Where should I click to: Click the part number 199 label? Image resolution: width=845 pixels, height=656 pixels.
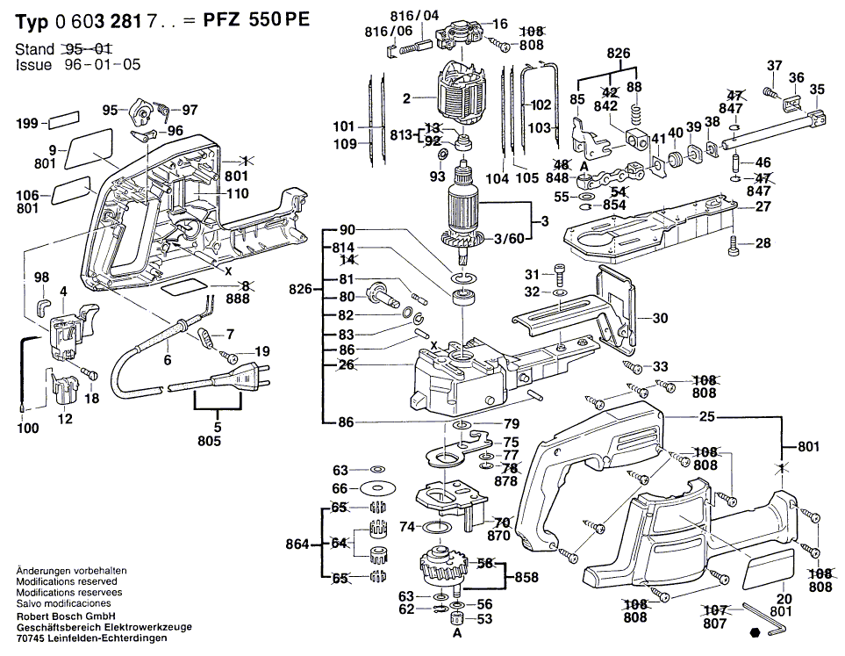pos(27,123)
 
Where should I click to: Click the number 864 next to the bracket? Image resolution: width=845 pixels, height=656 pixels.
pos(297,544)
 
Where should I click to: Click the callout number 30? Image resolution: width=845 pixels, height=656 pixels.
pos(660,319)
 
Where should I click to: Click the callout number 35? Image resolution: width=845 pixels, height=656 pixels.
pos(817,90)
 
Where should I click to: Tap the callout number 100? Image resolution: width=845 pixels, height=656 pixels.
pos(28,428)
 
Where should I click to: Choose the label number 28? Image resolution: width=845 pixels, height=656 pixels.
pos(763,243)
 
